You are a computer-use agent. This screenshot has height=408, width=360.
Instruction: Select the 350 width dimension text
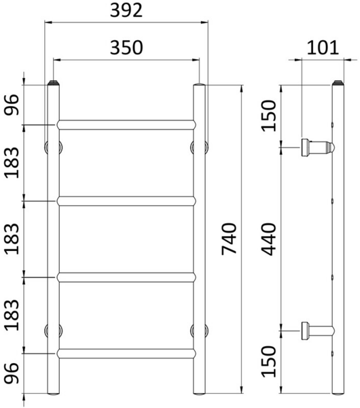point(126,48)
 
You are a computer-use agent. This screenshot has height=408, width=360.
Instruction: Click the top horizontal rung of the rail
point(126,124)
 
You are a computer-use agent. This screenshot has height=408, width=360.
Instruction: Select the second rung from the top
point(126,201)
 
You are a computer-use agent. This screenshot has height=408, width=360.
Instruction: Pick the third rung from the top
point(126,277)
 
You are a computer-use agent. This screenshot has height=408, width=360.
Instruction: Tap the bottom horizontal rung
point(126,353)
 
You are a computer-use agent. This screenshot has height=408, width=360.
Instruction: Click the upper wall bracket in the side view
point(317,146)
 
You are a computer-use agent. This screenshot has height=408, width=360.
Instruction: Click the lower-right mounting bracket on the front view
point(199,330)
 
